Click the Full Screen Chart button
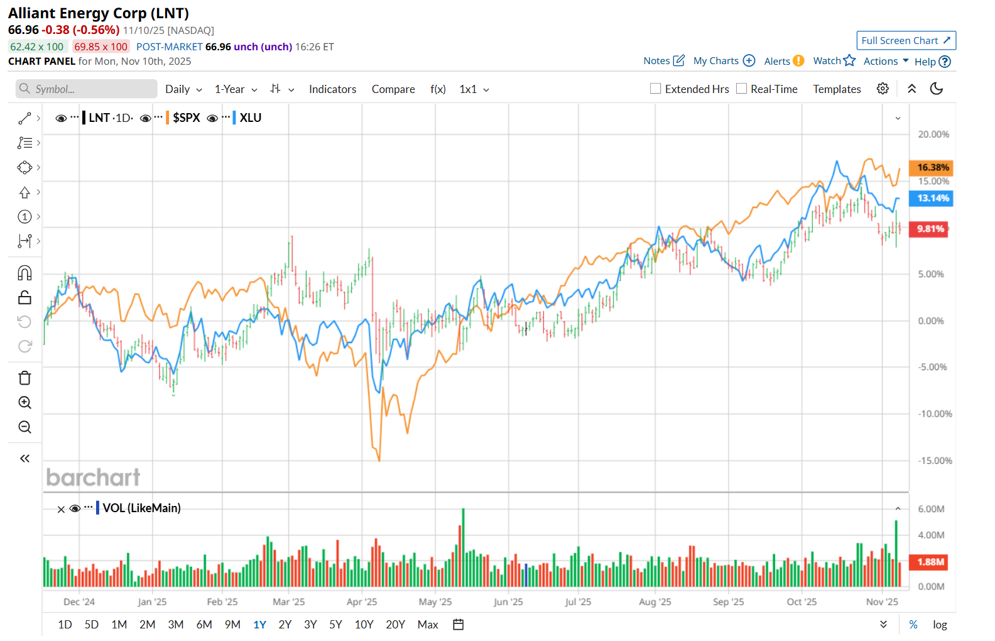[906, 41]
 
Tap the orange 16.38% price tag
[931, 168]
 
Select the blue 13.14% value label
[931, 199]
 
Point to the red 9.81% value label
[929, 229]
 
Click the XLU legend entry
[250, 118]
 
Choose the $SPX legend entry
[186, 118]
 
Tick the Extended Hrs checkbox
[656, 89]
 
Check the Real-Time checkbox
[742, 89]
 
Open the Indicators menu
[332, 89]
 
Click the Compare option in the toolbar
[393, 89]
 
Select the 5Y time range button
[336, 625]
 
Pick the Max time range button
[428, 625]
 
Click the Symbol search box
[87, 89]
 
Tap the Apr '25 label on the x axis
[362, 602]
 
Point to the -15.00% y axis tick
[935, 461]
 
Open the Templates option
[837, 89]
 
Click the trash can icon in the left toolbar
[24, 378]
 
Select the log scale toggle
[940, 625]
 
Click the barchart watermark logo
[93, 478]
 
